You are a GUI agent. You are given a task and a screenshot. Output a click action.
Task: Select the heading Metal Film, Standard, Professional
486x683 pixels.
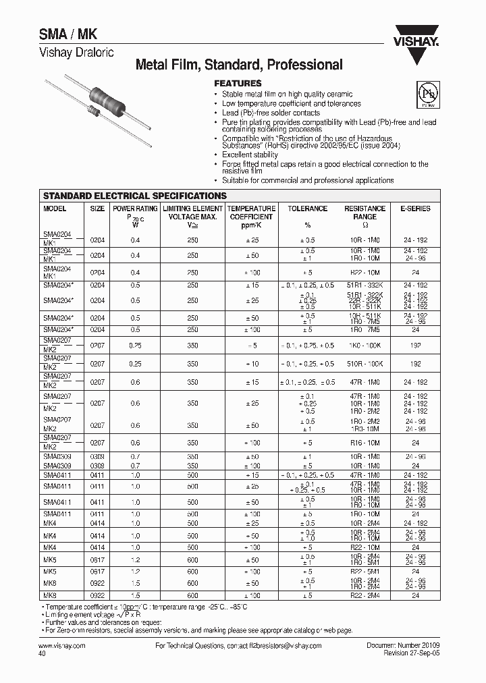(239, 65)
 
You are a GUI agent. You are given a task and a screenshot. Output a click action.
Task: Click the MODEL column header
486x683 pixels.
(55, 209)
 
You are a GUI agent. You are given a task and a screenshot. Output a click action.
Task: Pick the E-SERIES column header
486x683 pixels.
(415, 209)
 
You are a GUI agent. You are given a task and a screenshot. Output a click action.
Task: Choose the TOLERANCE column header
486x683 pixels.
(307, 209)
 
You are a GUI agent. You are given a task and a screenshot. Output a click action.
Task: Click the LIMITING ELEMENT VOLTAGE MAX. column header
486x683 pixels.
(192, 213)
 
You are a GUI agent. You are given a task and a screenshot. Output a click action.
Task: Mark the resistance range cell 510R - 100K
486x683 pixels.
(364, 364)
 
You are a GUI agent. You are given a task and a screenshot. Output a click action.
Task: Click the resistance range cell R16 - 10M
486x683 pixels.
(364, 443)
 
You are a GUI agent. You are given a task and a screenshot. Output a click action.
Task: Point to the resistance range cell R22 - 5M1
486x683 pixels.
(364, 570)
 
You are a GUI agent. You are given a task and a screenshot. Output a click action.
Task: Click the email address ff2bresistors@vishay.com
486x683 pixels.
(281, 646)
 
